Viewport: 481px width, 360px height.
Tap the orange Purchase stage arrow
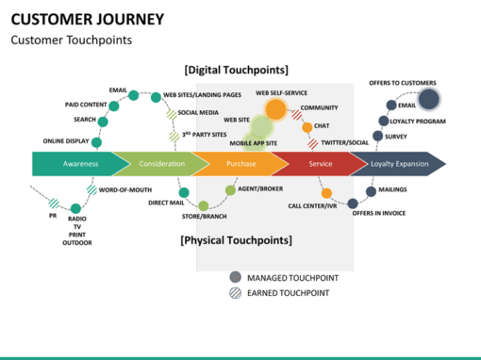[x=240, y=164]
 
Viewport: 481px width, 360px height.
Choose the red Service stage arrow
[x=319, y=164]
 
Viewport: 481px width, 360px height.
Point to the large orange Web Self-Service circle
[x=275, y=109]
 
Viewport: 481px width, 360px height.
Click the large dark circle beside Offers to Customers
[x=428, y=99]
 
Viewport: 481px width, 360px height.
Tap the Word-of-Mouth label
[x=126, y=189]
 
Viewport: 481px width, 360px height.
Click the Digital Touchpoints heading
[x=236, y=70]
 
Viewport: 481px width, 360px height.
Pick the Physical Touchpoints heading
[x=236, y=240]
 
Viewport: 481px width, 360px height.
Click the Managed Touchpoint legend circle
[x=235, y=277]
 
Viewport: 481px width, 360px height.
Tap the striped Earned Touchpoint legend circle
[x=235, y=293]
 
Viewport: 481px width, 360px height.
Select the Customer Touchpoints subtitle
[x=71, y=41]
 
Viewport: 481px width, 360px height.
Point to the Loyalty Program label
[x=419, y=121]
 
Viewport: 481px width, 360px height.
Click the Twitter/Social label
[x=345, y=142]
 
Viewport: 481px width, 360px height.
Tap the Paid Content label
[x=85, y=105]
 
